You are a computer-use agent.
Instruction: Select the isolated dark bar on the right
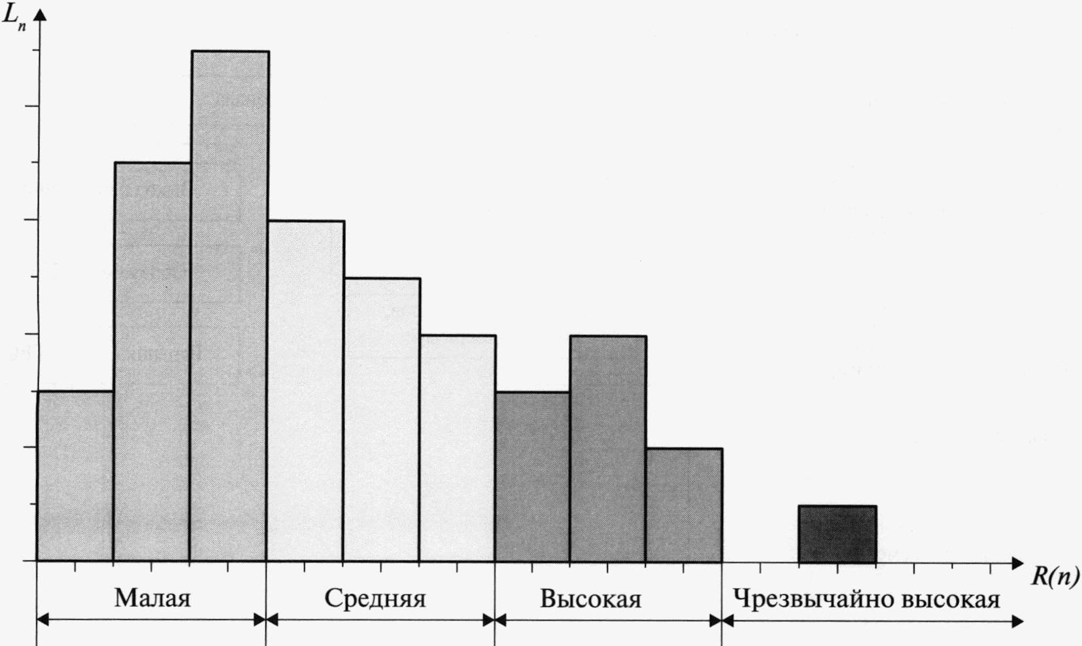coord(837,534)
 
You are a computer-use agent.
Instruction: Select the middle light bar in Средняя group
coord(382,419)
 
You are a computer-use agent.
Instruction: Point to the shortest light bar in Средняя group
coord(458,448)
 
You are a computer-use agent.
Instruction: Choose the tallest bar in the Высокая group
coord(608,449)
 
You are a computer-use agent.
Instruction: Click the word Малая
coord(152,598)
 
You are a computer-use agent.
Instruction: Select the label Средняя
coord(375,598)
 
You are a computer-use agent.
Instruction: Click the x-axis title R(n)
coord(1055,576)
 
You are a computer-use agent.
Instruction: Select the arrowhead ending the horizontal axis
coord(1017,562)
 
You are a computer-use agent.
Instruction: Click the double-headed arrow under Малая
coord(152,620)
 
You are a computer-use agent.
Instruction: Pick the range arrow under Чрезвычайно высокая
coord(872,621)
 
